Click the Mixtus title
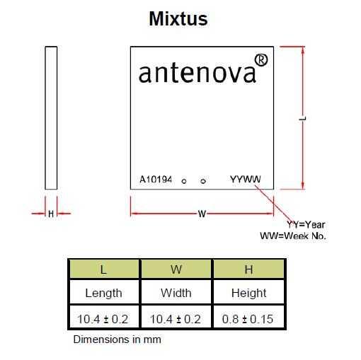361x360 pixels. pyautogui.click(x=178, y=18)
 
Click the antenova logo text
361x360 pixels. pyautogui.click(x=197, y=74)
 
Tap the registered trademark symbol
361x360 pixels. pyautogui.click(x=261, y=60)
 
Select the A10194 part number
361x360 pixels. pyautogui.click(x=156, y=180)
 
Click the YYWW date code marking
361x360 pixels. pyautogui.click(x=246, y=179)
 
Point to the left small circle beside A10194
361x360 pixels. pyautogui.click(x=184, y=181)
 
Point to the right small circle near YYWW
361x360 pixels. pyautogui.click(x=203, y=181)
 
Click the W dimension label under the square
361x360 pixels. pyautogui.click(x=202, y=214)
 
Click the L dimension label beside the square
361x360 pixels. pyautogui.click(x=303, y=118)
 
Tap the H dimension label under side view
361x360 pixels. pyautogui.click(x=51, y=214)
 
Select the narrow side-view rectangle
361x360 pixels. pyautogui.click(x=51, y=118)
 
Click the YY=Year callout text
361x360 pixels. pyautogui.click(x=306, y=225)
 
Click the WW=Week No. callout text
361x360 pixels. pyautogui.click(x=293, y=236)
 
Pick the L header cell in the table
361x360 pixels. pyautogui.click(x=104, y=269)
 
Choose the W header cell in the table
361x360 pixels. pyautogui.click(x=176, y=269)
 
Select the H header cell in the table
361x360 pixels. pyautogui.click(x=248, y=269)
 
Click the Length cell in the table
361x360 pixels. pyautogui.click(x=104, y=292)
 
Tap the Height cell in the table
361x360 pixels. pyautogui.click(x=248, y=292)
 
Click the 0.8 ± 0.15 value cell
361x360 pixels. pyautogui.click(x=248, y=317)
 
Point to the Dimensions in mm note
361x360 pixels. pyautogui.click(x=118, y=339)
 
